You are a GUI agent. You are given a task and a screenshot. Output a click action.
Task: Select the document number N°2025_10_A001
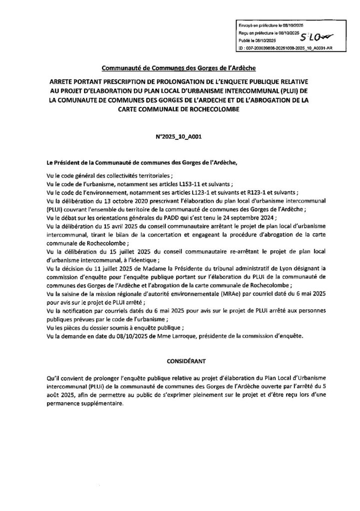180,135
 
